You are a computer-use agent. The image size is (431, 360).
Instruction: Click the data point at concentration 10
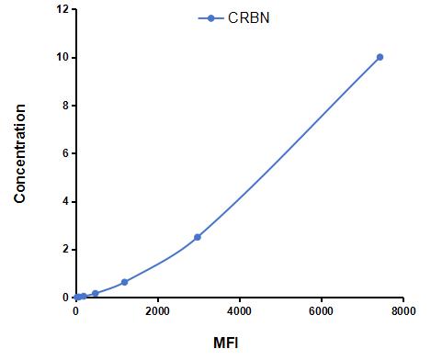tap(380, 57)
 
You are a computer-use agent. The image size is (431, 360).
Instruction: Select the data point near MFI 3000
tap(198, 237)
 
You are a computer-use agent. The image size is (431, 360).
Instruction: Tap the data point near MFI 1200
tap(124, 282)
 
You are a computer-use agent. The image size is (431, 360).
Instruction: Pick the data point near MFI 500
tap(96, 293)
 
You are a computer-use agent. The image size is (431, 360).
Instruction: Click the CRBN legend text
tap(249, 18)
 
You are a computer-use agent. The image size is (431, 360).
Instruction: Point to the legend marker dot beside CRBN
tap(210, 18)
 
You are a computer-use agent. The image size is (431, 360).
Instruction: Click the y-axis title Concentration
tap(19, 153)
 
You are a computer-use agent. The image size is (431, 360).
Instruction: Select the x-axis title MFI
tap(226, 343)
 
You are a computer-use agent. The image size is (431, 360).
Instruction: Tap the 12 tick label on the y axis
tap(62, 9)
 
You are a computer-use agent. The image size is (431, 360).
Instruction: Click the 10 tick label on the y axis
tap(62, 57)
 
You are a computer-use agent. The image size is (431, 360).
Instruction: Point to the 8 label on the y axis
tap(65, 106)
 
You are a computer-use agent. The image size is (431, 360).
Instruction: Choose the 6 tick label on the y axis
tap(65, 153)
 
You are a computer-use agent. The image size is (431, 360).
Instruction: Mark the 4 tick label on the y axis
tap(65, 201)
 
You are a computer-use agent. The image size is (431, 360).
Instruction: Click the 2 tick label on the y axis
tap(65, 250)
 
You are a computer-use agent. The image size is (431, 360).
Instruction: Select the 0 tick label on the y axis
tap(65, 298)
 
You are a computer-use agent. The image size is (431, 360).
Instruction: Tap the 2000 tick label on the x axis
tap(157, 311)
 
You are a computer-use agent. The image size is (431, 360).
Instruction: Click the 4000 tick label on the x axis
tap(240, 311)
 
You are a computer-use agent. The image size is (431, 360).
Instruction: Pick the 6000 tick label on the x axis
tap(322, 311)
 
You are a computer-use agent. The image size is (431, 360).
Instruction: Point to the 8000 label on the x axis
tap(403, 311)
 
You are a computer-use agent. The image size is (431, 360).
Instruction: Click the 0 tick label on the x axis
tap(76, 311)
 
